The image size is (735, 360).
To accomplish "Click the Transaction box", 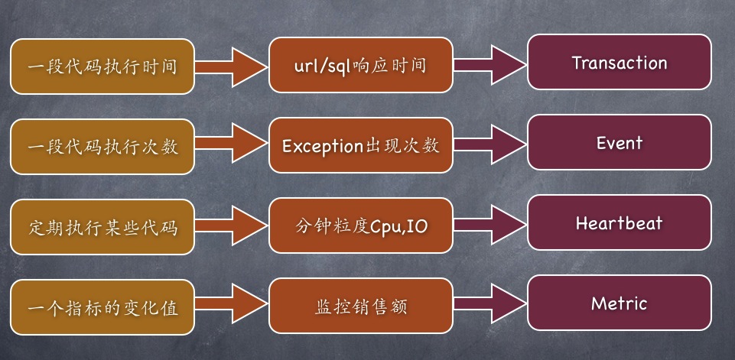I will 620,63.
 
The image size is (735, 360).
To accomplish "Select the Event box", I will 620,143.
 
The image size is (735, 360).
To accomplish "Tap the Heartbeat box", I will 620,223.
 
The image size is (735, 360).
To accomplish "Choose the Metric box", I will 620,303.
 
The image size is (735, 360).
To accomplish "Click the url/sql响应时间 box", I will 360,66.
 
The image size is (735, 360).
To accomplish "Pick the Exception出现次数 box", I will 360,146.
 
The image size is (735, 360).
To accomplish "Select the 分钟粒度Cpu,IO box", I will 360,226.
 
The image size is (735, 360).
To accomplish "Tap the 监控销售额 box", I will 360,306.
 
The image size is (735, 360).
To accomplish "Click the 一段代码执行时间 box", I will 102,66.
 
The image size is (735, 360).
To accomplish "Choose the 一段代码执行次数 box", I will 102,146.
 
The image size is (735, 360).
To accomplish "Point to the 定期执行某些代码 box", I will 102,226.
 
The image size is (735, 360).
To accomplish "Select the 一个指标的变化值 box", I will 102,306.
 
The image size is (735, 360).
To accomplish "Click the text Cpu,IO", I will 398,227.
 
